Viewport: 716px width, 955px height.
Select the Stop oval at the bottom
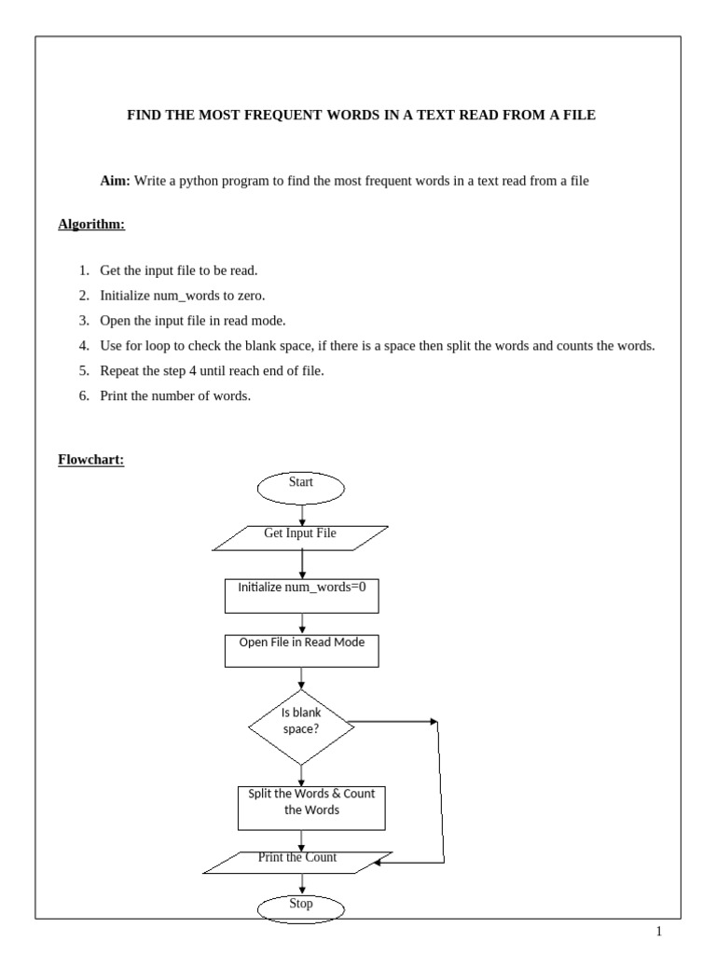pyautogui.click(x=300, y=907)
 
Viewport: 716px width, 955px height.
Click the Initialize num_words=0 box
pyautogui.click(x=301, y=596)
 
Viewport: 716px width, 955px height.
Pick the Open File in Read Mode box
pyautogui.click(x=301, y=650)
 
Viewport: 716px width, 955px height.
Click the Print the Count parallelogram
pyautogui.click(x=298, y=861)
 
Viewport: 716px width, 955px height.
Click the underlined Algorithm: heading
pyautogui.click(x=91, y=225)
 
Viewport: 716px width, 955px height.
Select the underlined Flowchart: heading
pyautogui.click(x=91, y=460)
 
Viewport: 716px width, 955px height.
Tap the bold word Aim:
pyautogui.click(x=116, y=181)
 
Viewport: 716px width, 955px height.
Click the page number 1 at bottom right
pyautogui.click(x=658, y=932)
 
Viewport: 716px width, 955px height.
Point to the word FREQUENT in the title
pyautogui.click(x=284, y=116)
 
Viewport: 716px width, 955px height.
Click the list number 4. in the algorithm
pyautogui.click(x=83, y=346)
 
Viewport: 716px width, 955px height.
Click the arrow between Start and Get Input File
pyautogui.click(x=301, y=514)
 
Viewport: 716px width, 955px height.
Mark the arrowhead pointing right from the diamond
pyautogui.click(x=433, y=721)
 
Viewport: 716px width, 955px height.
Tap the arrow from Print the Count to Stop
pyautogui.click(x=301, y=884)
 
